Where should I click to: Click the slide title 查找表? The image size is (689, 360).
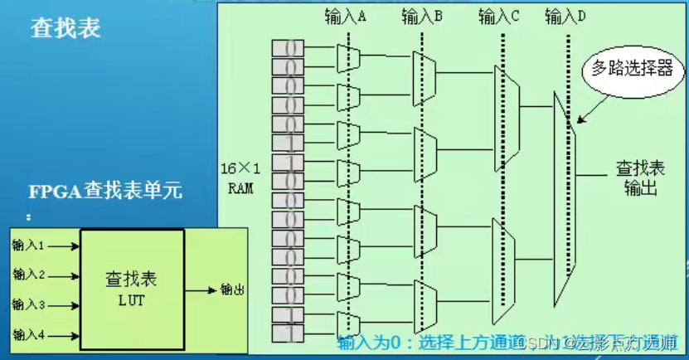(x=66, y=27)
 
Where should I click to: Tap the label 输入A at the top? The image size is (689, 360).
(x=347, y=15)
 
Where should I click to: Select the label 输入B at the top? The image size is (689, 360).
(x=422, y=15)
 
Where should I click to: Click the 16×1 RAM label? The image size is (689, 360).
(x=240, y=178)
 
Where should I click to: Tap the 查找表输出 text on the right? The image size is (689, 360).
(x=637, y=177)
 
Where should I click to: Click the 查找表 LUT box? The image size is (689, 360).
(x=132, y=286)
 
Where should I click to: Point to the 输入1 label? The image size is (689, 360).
(x=28, y=246)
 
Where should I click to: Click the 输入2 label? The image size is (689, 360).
(x=28, y=275)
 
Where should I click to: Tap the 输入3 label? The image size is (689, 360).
(x=28, y=304)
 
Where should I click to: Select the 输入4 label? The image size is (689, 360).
(x=28, y=334)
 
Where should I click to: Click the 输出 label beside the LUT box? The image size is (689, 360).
(x=231, y=289)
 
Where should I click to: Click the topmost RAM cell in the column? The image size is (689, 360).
(x=288, y=48)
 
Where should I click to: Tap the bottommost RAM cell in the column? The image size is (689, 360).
(x=288, y=333)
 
